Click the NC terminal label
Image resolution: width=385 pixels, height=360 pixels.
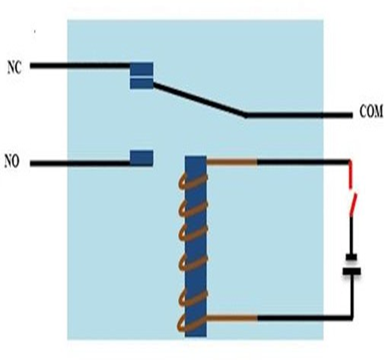(x=14, y=67)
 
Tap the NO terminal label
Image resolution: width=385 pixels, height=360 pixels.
(x=12, y=161)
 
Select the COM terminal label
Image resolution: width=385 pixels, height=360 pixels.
(x=371, y=111)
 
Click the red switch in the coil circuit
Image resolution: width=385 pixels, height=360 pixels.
(x=352, y=189)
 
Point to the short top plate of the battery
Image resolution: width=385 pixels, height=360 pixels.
(x=352, y=258)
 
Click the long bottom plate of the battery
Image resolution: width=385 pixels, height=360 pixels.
(x=352, y=271)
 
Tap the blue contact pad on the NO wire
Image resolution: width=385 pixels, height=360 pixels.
(x=141, y=158)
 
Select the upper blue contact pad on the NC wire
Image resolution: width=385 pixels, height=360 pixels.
(x=141, y=68)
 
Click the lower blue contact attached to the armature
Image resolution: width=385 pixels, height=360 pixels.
(x=141, y=83)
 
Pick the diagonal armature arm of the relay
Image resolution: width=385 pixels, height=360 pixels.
(x=200, y=100)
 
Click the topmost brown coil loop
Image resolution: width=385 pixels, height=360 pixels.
(x=193, y=181)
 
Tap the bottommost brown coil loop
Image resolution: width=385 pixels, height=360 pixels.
(x=192, y=323)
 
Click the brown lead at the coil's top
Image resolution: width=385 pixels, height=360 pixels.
(x=232, y=161)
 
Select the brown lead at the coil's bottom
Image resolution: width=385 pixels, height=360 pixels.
(x=232, y=318)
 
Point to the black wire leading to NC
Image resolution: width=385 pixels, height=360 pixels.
(x=80, y=66)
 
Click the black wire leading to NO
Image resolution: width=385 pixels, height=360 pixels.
(x=80, y=164)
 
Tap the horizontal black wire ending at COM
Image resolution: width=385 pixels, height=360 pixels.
(x=299, y=115)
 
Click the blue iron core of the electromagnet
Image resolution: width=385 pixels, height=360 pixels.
(x=195, y=246)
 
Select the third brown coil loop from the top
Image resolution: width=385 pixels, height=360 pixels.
(x=193, y=234)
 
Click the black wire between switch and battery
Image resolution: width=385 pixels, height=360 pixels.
(x=351, y=235)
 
